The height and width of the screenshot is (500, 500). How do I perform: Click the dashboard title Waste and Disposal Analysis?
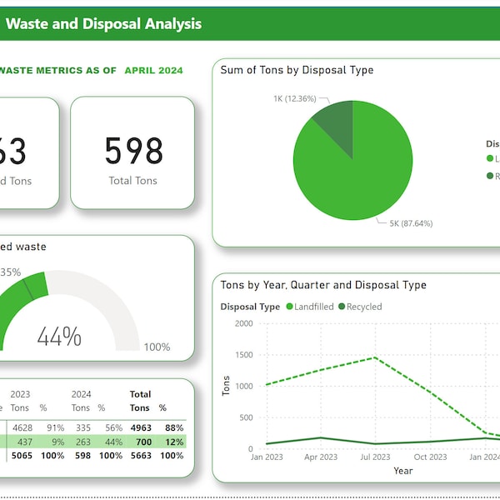(103, 23)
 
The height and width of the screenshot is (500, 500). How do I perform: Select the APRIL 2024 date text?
(153, 71)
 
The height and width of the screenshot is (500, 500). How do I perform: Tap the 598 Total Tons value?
(133, 151)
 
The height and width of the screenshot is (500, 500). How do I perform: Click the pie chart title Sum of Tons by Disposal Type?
(297, 70)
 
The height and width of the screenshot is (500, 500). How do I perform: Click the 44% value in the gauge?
(59, 337)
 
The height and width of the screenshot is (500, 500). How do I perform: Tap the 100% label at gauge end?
(157, 347)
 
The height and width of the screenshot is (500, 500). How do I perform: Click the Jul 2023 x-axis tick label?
(375, 457)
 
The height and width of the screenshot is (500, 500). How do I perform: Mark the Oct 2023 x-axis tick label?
(431, 457)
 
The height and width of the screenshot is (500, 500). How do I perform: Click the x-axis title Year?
(402, 471)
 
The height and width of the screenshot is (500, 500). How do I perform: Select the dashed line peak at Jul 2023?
(375, 357)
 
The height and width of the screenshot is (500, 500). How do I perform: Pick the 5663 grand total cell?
(141, 456)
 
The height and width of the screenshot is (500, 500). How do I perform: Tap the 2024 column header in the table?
(81, 394)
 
